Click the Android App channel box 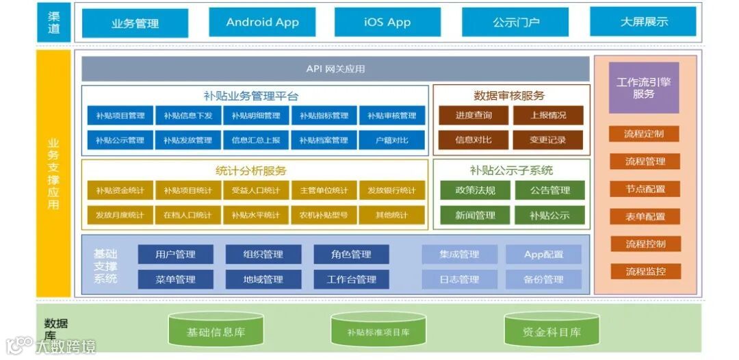click(x=262, y=23)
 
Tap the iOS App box click(x=387, y=23)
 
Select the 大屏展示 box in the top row click(x=643, y=22)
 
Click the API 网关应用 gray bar click(x=335, y=69)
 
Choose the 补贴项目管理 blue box click(x=120, y=116)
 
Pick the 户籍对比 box click(x=391, y=140)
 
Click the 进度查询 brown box click(x=473, y=116)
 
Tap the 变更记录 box click(x=548, y=140)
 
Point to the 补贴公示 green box click(x=549, y=216)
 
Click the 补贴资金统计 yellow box click(x=120, y=190)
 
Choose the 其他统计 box click(x=391, y=215)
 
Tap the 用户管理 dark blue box click(x=175, y=255)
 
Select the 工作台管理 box click(x=351, y=279)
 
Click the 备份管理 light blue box click(x=543, y=279)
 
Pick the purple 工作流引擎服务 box click(x=643, y=88)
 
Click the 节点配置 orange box click(x=645, y=189)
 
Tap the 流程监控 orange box click(x=645, y=272)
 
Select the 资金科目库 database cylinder click(x=552, y=332)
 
